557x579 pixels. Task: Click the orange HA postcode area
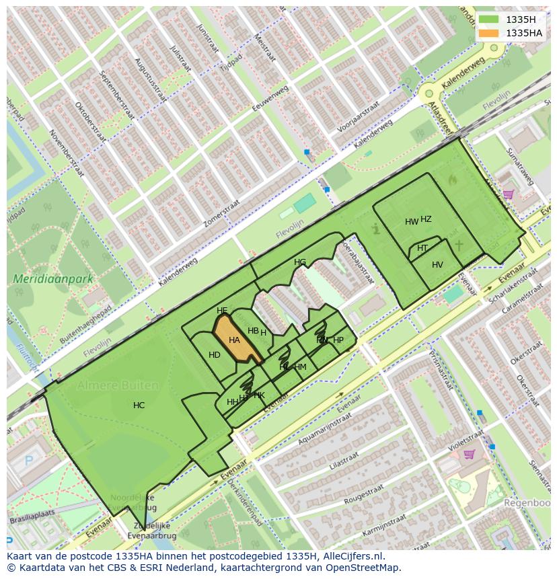pos(235,341)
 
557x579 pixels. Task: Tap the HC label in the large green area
pos(139,406)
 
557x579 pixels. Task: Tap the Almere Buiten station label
pos(118,385)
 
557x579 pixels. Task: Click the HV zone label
pos(437,265)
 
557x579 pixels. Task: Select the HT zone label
pos(422,248)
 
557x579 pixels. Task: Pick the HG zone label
pos(300,262)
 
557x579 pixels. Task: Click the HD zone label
pos(215,355)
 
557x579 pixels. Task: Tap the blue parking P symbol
pos(28,461)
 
